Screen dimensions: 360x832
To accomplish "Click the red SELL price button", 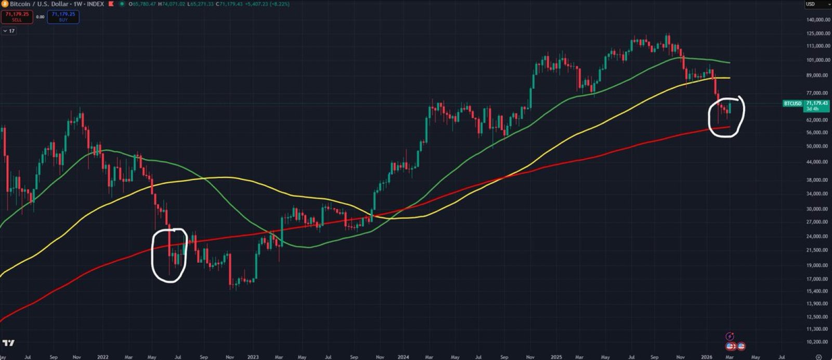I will (x=17, y=17).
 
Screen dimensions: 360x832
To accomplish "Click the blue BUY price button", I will (x=63, y=17).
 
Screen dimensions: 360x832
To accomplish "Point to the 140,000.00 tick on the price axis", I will (x=818, y=20).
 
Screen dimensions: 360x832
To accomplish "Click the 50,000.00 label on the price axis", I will (x=818, y=146).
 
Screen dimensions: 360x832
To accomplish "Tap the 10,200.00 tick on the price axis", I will (x=818, y=342).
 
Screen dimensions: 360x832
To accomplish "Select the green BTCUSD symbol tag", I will (x=792, y=104).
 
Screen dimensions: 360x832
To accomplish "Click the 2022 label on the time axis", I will (x=102, y=357).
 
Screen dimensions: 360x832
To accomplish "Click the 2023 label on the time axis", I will (x=253, y=357).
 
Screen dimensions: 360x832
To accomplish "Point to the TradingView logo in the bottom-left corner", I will (x=8, y=343).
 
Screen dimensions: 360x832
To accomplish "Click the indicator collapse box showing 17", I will (x=9, y=31).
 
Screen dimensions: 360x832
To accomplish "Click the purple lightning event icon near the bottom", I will (x=730, y=336).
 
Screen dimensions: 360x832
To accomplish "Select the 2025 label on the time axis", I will (x=556, y=357).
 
